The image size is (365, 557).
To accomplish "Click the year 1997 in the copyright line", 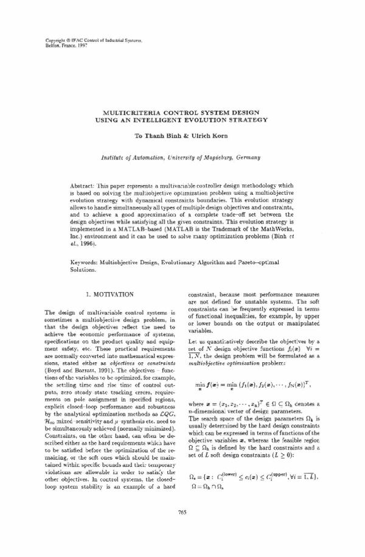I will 83,46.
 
